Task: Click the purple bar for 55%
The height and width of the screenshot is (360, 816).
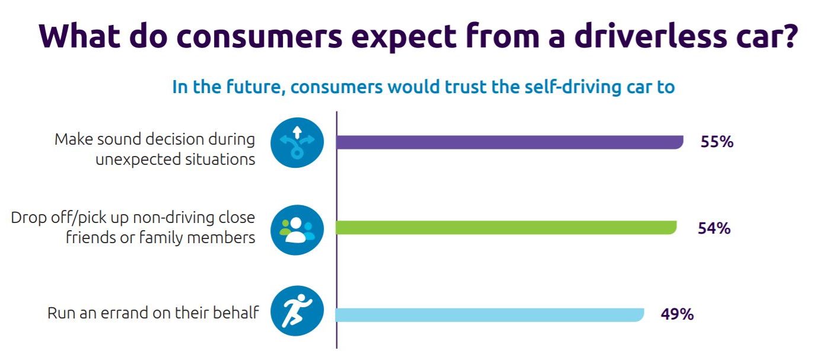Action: point(509,142)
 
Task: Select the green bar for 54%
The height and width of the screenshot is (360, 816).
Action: point(506,227)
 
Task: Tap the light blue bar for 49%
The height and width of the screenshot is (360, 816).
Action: point(490,315)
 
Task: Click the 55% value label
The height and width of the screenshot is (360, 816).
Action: point(716,142)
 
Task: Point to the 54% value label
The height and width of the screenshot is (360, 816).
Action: point(714,228)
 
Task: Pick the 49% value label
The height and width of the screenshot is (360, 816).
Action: point(677,314)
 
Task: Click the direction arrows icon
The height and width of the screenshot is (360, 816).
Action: point(297,142)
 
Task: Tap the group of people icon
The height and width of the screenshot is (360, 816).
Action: point(297,230)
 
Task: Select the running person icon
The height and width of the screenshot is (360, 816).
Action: point(297,311)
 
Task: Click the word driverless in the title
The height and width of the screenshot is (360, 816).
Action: point(650,36)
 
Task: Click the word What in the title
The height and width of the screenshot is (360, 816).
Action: point(79,36)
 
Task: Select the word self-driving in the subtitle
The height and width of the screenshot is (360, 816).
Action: point(573,87)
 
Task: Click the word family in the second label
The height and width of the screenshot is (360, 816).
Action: point(161,238)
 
